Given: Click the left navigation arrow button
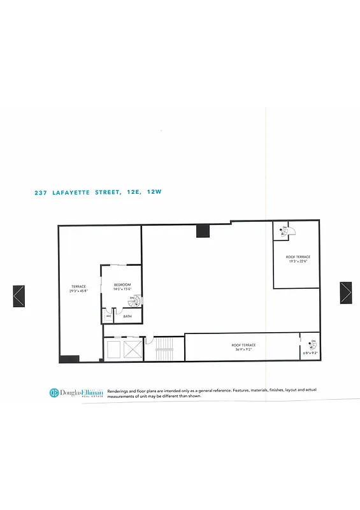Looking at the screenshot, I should point(18,296).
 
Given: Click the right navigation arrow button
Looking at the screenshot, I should point(345,293).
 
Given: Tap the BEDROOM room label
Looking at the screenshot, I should point(122,284).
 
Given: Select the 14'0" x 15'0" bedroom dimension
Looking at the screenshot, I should point(122,289).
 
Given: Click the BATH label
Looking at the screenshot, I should point(127,316).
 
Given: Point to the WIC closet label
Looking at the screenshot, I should point(109,316).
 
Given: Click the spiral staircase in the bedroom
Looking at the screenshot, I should point(133,300).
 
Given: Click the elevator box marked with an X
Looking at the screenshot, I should point(133,350).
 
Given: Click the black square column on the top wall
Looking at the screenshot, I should point(203,231).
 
